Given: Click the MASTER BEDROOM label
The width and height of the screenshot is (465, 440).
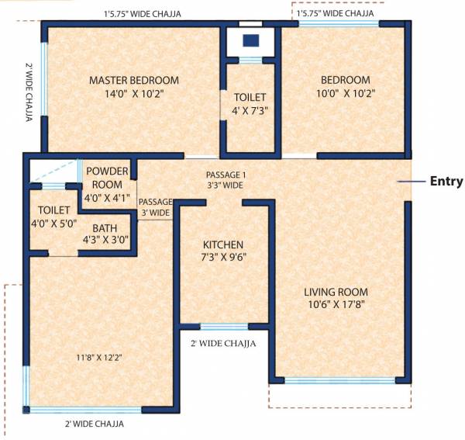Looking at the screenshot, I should pos(133,80).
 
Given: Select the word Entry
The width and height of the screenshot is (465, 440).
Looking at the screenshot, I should pos(446,182).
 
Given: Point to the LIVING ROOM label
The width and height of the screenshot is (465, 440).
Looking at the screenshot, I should pos(336,292).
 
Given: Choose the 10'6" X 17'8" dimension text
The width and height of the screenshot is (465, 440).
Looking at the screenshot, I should pos(336,305).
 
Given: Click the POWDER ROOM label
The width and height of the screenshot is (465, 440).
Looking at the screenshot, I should pos(107,178).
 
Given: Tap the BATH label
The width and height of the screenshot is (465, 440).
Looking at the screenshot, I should pos(105,228).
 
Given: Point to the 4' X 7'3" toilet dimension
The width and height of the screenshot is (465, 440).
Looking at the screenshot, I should pos(250,110).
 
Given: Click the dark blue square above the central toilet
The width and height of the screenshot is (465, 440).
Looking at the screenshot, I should pos(250,40).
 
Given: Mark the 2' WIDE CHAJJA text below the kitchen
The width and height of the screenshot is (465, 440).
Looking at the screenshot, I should pos(224,342).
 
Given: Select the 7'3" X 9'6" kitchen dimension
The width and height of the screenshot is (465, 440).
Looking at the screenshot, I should pos(225,257).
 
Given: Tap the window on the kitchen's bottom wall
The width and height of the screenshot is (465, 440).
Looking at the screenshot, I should pos(224,327).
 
